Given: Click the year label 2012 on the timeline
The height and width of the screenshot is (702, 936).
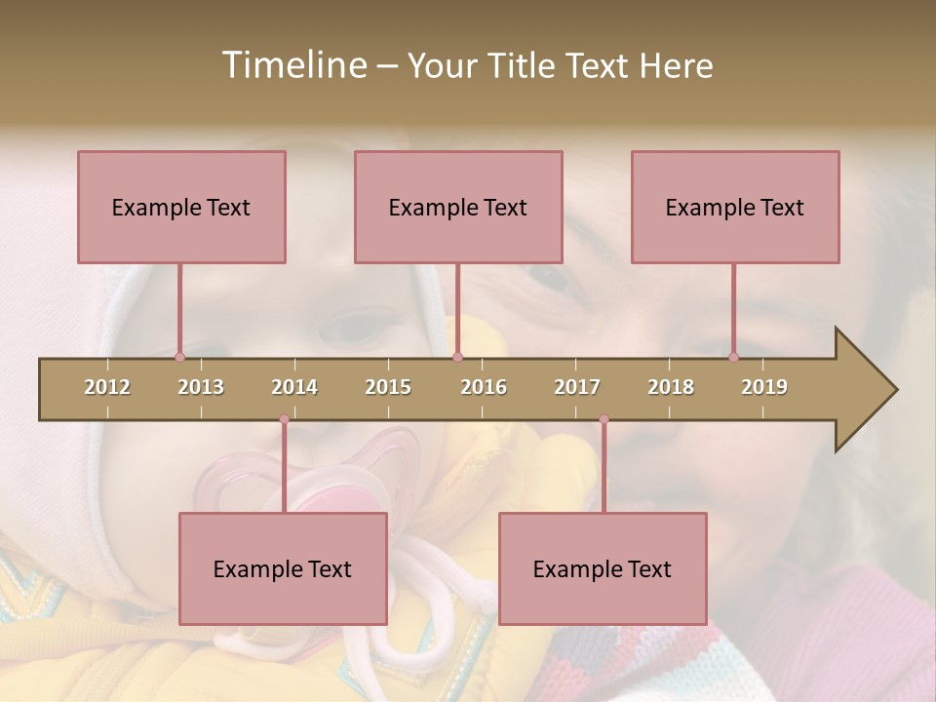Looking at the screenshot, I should coord(107,387).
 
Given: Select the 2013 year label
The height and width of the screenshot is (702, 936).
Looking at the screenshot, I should coord(201,387).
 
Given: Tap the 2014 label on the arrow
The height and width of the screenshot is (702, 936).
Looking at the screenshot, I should coord(294,387).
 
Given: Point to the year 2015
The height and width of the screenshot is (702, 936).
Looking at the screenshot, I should coord(388,387).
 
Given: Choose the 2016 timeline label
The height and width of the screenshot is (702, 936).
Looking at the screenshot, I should coord(484,387).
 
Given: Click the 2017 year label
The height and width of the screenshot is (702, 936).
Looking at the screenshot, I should coord(577,387).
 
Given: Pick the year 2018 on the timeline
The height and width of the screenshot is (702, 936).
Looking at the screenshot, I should coord(671,387).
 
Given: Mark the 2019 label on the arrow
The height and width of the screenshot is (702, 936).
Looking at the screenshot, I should coord(764,387).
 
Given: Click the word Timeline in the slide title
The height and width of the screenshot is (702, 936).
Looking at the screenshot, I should coord(292,65).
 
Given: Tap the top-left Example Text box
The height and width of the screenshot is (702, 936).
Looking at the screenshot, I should coord(181,207).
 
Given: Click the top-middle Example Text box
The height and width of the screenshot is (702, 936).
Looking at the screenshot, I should coord(458,207).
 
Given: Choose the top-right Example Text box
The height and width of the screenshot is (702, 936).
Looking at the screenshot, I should coord(735,207).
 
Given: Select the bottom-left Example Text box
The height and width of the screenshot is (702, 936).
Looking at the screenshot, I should coord(283,568).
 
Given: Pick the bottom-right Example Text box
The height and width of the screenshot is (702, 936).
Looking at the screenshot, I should coord(603,568).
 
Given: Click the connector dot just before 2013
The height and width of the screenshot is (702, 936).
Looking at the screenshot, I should coord(180,357).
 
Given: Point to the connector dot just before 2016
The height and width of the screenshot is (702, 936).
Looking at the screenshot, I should coord(458,357).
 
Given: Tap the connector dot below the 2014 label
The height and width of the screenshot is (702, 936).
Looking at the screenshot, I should coord(284,419).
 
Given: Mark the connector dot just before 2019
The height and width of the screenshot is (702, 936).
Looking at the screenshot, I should coord(734,357).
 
